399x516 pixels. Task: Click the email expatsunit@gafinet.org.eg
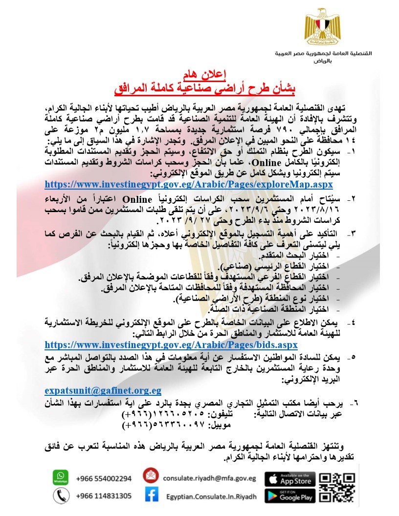pos(103,391)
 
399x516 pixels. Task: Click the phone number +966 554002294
pos(104,478)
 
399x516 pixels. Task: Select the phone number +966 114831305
pos(104,496)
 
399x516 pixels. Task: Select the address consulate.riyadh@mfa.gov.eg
pos(210,478)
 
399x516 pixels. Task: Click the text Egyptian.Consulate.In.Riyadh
pos(211,496)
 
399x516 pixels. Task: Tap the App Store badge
pos(290,479)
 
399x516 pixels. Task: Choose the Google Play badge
pos(290,496)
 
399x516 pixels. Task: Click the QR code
pos(337,487)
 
